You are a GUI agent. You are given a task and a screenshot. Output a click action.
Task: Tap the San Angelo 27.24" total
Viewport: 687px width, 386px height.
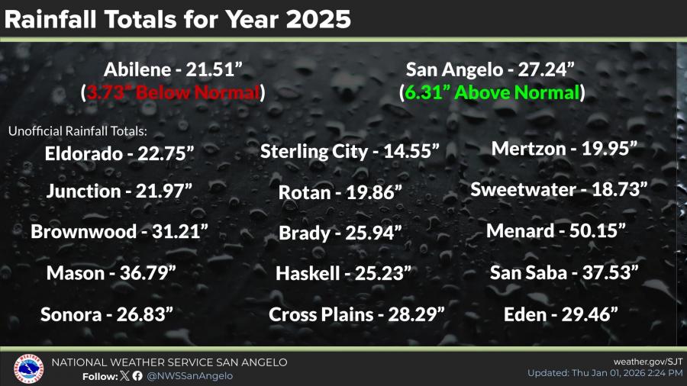pos(489,70)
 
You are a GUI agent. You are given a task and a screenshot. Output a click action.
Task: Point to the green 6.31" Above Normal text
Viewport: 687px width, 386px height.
pos(492,93)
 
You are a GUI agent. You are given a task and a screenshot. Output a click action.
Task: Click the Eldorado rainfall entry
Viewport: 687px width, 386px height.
pos(121,153)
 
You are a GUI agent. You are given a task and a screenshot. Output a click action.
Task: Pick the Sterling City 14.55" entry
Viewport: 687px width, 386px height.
pos(350,151)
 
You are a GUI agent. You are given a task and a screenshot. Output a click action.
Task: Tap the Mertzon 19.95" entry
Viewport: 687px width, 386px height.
pos(564,149)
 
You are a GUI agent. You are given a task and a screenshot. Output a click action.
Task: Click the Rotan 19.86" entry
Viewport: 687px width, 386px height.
pos(340,193)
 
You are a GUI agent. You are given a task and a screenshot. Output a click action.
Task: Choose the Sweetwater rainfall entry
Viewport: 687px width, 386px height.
pos(559,189)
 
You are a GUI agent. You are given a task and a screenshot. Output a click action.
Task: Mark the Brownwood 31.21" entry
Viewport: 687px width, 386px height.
pos(119,231)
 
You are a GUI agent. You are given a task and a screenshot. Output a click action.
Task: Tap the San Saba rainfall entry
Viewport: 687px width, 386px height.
pos(564,272)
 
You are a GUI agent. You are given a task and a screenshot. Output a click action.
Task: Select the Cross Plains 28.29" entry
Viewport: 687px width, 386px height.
pos(356,314)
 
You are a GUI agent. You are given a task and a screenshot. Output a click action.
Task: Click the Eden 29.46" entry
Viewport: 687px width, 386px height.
pos(560,313)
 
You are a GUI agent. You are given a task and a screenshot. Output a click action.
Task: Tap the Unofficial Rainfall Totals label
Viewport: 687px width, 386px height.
pos(77,131)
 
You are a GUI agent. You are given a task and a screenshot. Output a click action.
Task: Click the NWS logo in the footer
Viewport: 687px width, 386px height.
pos(27,368)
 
